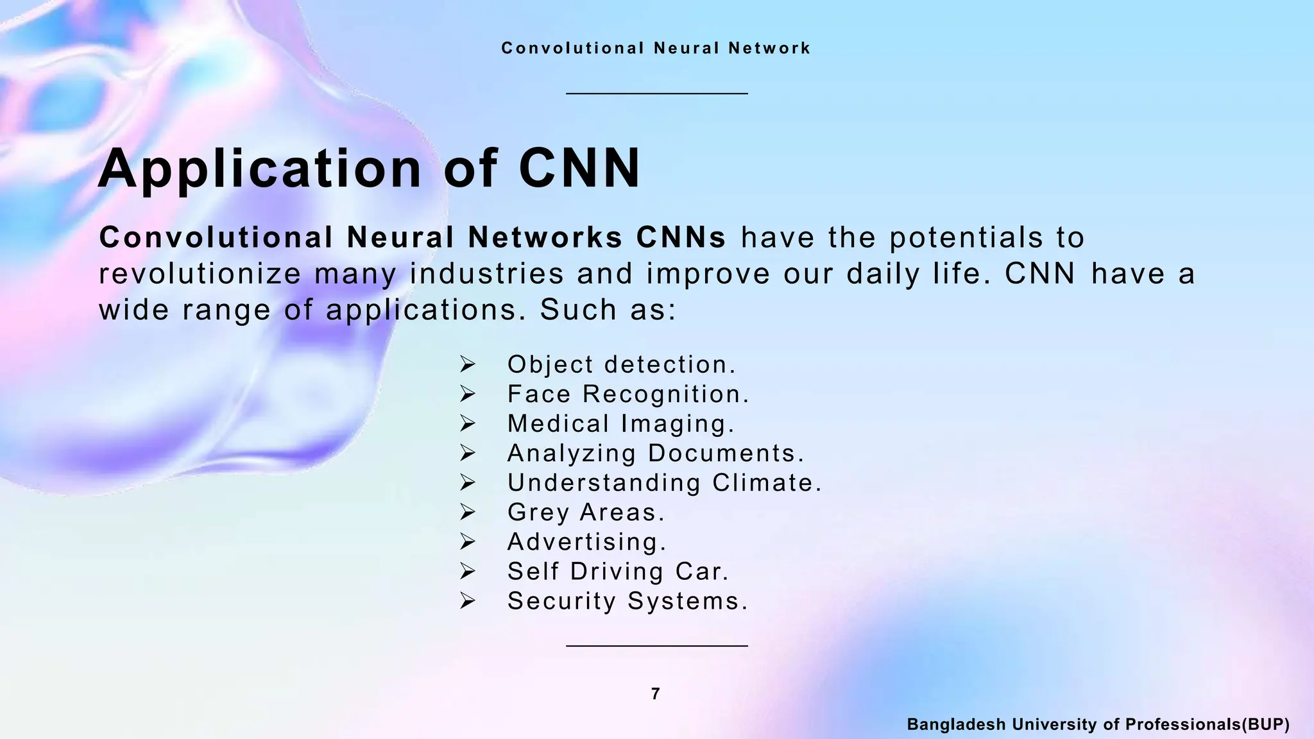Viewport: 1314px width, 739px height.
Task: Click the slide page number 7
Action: pos(655,693)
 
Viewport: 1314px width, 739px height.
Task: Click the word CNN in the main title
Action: pos(579,169)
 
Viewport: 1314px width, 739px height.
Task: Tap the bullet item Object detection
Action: pos(621,364)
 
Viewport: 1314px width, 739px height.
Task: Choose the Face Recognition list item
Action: pos(627,394)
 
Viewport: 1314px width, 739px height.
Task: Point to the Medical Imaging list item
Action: pos(620,423)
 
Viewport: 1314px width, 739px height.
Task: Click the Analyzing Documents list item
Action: pos(655,453)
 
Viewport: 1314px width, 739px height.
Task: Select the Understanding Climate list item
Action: pos(664,482)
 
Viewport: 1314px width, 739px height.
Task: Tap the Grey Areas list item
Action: pos(586,512)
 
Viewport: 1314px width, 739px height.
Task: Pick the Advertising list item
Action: pos(586,541)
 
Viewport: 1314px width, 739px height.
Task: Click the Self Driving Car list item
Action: pos(618,571)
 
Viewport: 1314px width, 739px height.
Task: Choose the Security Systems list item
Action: pos(627,600)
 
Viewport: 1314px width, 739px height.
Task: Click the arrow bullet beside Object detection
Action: pos(467,364)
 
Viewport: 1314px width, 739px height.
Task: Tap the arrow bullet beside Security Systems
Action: pos(467,600)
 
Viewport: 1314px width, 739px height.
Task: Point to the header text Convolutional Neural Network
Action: pos(656,48)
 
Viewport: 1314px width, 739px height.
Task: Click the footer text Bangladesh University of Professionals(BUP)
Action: pos(1098,724)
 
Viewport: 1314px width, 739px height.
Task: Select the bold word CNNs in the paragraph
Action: pos(681,237)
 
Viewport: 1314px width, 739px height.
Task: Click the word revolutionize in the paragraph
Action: pos(200,274)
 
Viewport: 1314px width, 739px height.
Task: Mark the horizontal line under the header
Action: pos(656,94)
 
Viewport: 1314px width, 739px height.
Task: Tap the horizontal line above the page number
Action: pos(656,645)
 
